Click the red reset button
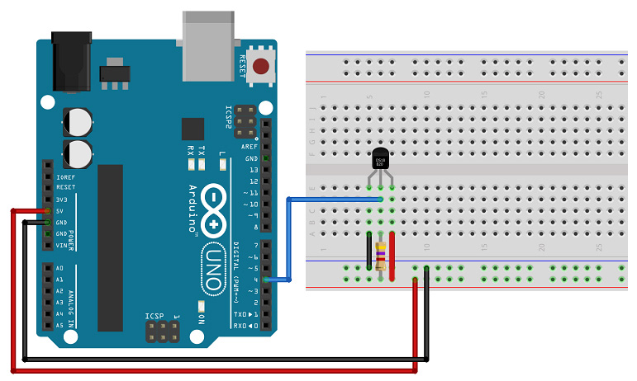click(263, 67)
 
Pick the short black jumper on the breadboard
click(368, 248)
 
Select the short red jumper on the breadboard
click(392, 245)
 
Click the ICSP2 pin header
click(245, 120)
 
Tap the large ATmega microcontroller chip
click(111, 247)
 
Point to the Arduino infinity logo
click(214, 209)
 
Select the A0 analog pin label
click(59, 269)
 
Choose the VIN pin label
click(61, 246)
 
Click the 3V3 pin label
click(60, 200)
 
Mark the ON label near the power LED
click(201, 317)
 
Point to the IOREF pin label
click(65, 176)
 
